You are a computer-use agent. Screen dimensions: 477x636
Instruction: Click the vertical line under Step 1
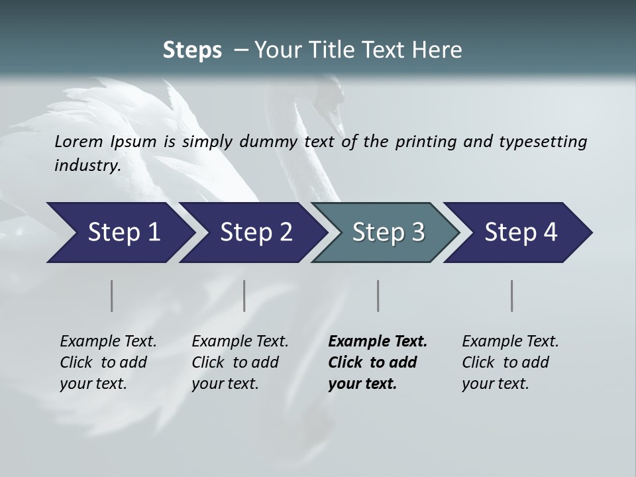112,295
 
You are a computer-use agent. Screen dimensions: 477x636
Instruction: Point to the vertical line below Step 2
244,295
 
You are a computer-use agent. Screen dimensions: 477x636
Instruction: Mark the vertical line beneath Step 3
378,295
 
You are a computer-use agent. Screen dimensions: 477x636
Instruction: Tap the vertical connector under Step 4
512,295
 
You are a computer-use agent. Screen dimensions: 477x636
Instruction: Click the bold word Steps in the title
192,50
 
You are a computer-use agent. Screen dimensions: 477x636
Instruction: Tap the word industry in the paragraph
87,165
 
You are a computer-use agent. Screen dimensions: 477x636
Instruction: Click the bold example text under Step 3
377,362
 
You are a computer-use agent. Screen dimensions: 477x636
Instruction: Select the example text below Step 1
108,362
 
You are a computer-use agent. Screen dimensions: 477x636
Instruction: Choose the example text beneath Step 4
510,362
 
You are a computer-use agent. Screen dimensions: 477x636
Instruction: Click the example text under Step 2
240,362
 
